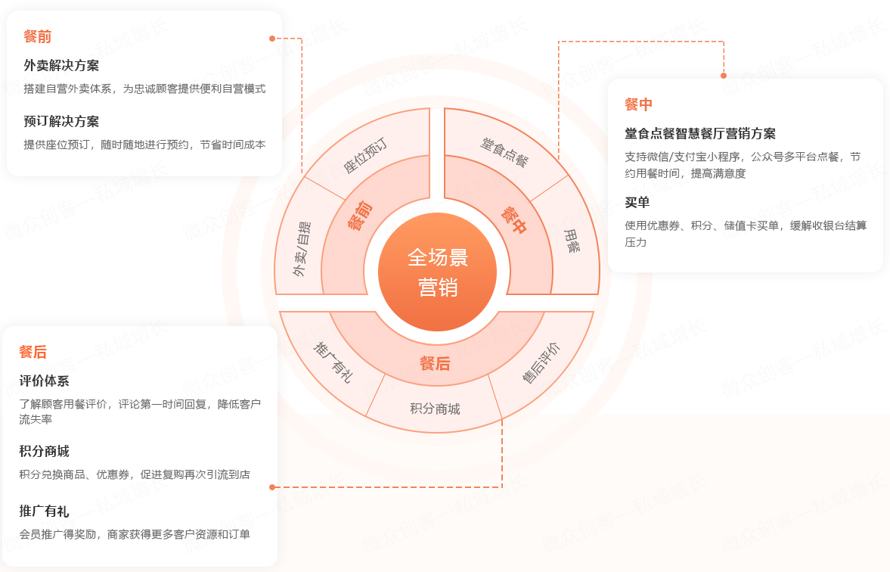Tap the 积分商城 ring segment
pyautogui.click(x=435, y=409)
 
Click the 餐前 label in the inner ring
pyautogui.click(x=359, y=215)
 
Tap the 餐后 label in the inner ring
pyautogui.click(x=435, y=364)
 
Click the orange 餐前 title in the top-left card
pyautogui.click(x=37, y=36)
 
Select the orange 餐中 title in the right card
pyautogui.click(x=638, y=104)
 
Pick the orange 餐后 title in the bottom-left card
pyautogui.click(x=33, y=352)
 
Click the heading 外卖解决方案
pyautogui.click(x=61, y=65)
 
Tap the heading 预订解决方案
pyautogui.click(x=61, y=121)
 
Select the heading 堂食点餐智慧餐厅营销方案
pyautogui.click(x=700, y=133)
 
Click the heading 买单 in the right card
pyautogui.click(x=637, y=203)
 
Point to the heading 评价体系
pyautogui.click(x=44, y=381)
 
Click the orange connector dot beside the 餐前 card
pyautogui.click(x=272, y=38)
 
